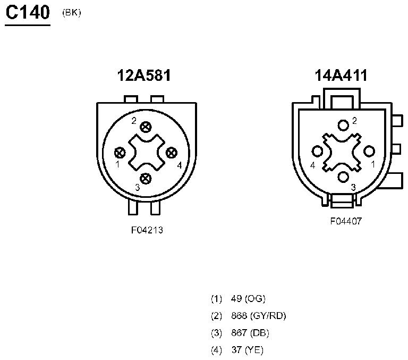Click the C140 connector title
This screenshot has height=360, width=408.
(x=28, y=13)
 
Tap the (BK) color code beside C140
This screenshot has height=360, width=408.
(x=72, y=13)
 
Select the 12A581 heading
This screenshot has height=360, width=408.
(x=144, y=76)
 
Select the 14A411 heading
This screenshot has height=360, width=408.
(x=341, y=76)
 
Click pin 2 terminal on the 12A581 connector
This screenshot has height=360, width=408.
(x=146, y=127)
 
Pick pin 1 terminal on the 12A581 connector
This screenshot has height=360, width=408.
(x=120, y=153)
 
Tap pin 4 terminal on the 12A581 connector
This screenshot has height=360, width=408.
(x=172, y=153)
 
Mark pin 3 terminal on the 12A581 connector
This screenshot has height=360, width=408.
(x=146, y=179)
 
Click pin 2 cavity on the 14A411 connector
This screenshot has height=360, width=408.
(x=343, y=125)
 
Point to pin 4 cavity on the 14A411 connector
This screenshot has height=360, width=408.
(x=317, y=151)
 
